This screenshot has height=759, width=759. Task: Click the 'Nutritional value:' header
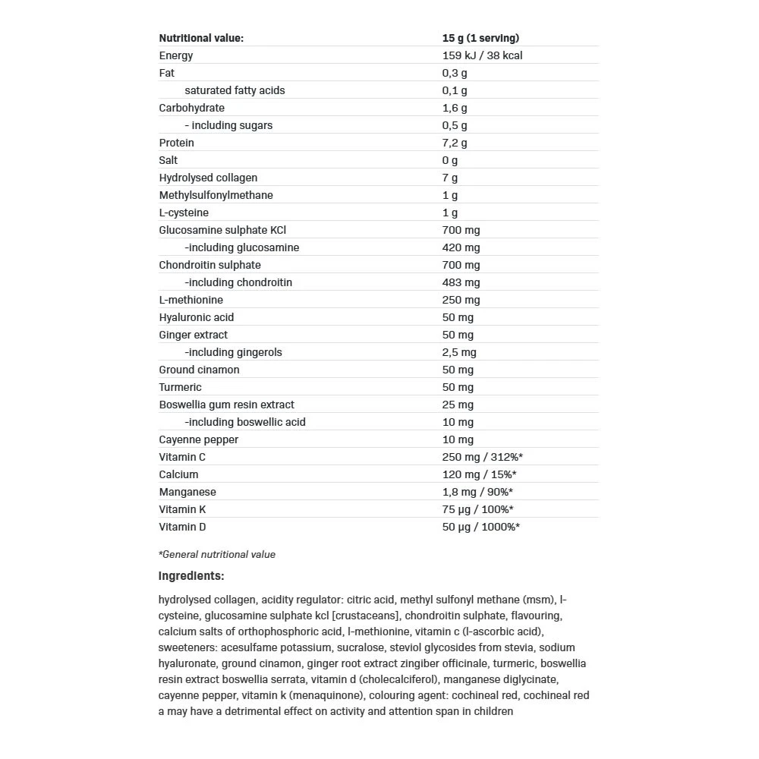coord(201,38)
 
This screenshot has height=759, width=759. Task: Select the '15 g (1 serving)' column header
coord(480,38)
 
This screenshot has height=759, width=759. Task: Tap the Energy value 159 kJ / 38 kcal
coord(482,55)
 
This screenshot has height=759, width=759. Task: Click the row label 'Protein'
coord(176,143)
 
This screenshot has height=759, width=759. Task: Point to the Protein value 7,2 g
coord(455,143)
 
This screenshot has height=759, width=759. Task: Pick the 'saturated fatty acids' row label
coord(235,90)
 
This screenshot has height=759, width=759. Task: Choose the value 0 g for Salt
coord(450,160)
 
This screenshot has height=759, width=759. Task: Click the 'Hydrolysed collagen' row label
coord(208,178)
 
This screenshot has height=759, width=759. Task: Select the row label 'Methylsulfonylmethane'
coord(216,195)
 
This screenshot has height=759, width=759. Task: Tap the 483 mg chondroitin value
coord(461,282)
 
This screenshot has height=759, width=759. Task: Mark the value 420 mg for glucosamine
coord(461,247)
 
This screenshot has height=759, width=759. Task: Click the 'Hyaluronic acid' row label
coord(196,317)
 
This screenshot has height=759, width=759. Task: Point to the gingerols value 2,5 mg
coord(459,352)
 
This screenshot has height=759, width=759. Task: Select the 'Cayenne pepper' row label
coord(198,439)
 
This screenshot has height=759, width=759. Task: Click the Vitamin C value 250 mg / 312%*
coord(483,457)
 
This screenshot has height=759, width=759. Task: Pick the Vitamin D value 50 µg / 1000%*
coord(481,527)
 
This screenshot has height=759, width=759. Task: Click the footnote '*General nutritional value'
coord(217,555)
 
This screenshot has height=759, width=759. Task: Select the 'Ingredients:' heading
coord(191,576)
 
